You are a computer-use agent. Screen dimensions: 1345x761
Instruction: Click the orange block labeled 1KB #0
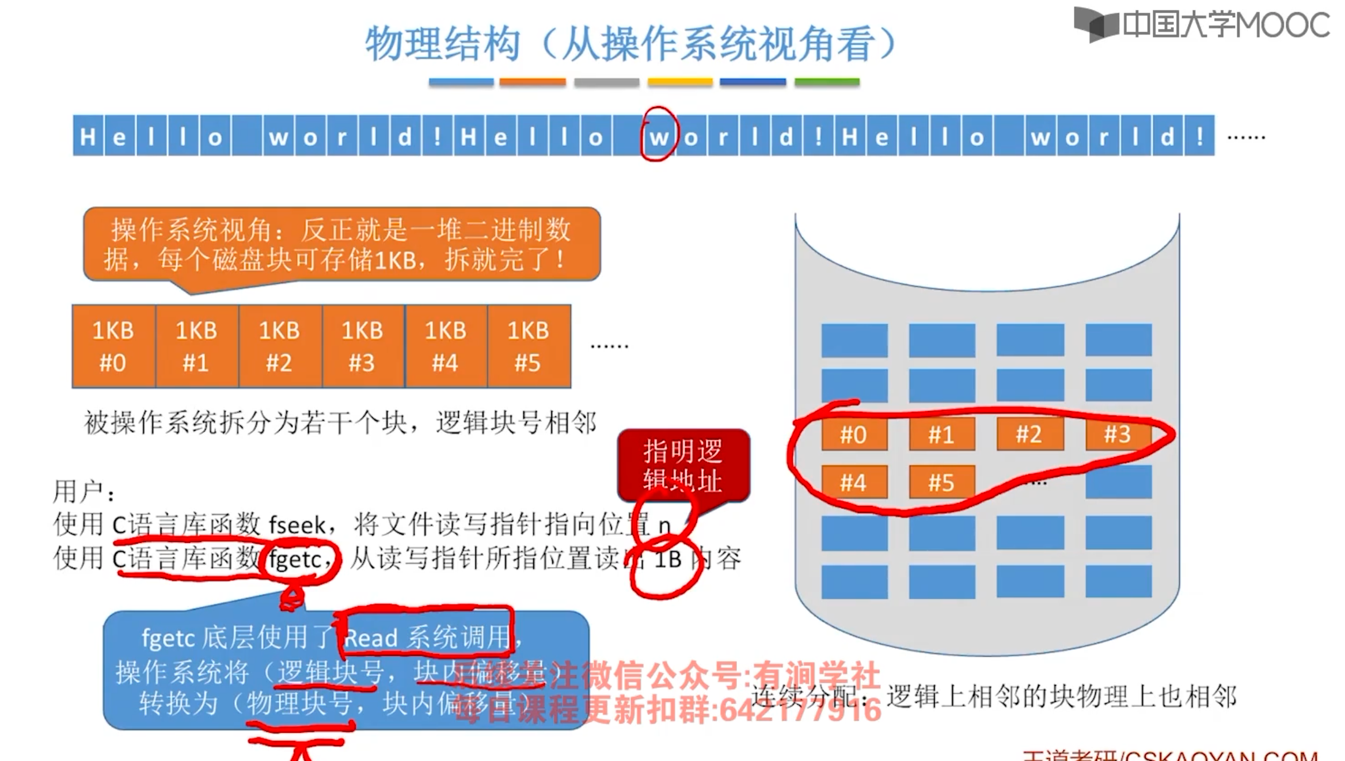pyautogui.click(x=113, y=346)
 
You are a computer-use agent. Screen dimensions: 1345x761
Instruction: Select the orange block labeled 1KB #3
pyautogui.click(x=363, y=346)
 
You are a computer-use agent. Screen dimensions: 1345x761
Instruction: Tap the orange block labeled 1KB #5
pyautogui.click(x=529, y=346)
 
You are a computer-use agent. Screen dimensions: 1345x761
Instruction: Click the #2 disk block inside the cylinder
pyautogui.click(x=1029, y=434)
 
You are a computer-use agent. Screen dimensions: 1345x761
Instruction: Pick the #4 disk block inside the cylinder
pyautogui.click(x=854, y=482)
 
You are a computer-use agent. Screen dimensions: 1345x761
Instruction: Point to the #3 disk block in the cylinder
pyautogui.click(x=1118, y=434)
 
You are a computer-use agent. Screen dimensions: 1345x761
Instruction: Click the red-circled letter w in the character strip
pyautogui.click(x=659, y=136)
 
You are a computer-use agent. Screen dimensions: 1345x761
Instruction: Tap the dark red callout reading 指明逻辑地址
pyautogui.click(x=683, y=465)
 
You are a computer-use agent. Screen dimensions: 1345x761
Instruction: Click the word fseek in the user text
pyautogui.click(x=297, y=525)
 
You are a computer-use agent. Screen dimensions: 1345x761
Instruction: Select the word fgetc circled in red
pyautogui.click(x=295, y=558)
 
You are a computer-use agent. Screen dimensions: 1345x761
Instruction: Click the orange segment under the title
pyautogui.click(x=533, y=82)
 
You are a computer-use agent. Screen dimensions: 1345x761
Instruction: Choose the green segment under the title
pyautogui.click(x=827, y=82)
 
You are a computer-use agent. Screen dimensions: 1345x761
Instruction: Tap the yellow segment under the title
pyautogui.click(x=680, y=82)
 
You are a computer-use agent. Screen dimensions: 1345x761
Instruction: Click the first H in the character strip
pyautogui.click(x=88, y=136)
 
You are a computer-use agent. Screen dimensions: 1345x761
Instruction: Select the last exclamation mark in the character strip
pyautogui.click(x=1199, y=136)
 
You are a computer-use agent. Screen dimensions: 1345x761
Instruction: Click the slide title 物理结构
pyautogui.click(x=443, y=44)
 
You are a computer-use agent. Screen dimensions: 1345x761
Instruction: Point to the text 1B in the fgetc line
pyautogui.click(x=668, y=559)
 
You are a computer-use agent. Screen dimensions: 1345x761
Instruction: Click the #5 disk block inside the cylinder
pyautogui.click(x=941, y=482)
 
